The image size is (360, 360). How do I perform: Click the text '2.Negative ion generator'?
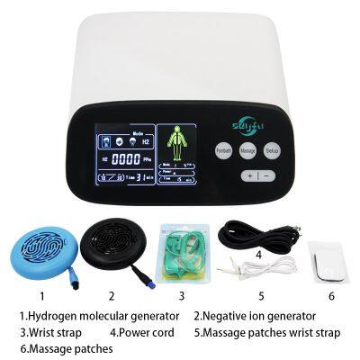pos(255,316)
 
